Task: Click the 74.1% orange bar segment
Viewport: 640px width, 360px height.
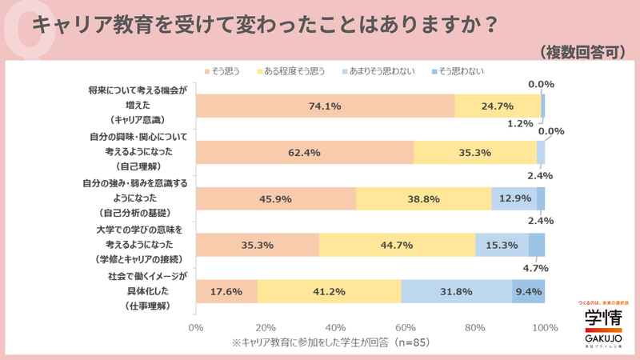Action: pos(325,106)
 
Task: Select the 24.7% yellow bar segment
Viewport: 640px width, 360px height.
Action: pos(498,106)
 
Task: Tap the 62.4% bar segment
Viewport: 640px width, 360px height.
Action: pos(304,152)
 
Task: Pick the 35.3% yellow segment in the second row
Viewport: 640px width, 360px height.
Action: pos(475,152)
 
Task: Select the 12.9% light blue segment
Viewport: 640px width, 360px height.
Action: pos(514,198)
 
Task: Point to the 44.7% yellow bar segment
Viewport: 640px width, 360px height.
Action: pos(397,245)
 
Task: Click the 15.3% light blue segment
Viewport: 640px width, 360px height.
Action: pos(502,245)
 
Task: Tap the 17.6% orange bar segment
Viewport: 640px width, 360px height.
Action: pos(226,291)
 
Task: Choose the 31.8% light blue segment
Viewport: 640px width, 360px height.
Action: pos(456,291)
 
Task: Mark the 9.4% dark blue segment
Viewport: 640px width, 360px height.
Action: pos(528,291)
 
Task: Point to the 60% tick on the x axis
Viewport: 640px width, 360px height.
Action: pos(406,327)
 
